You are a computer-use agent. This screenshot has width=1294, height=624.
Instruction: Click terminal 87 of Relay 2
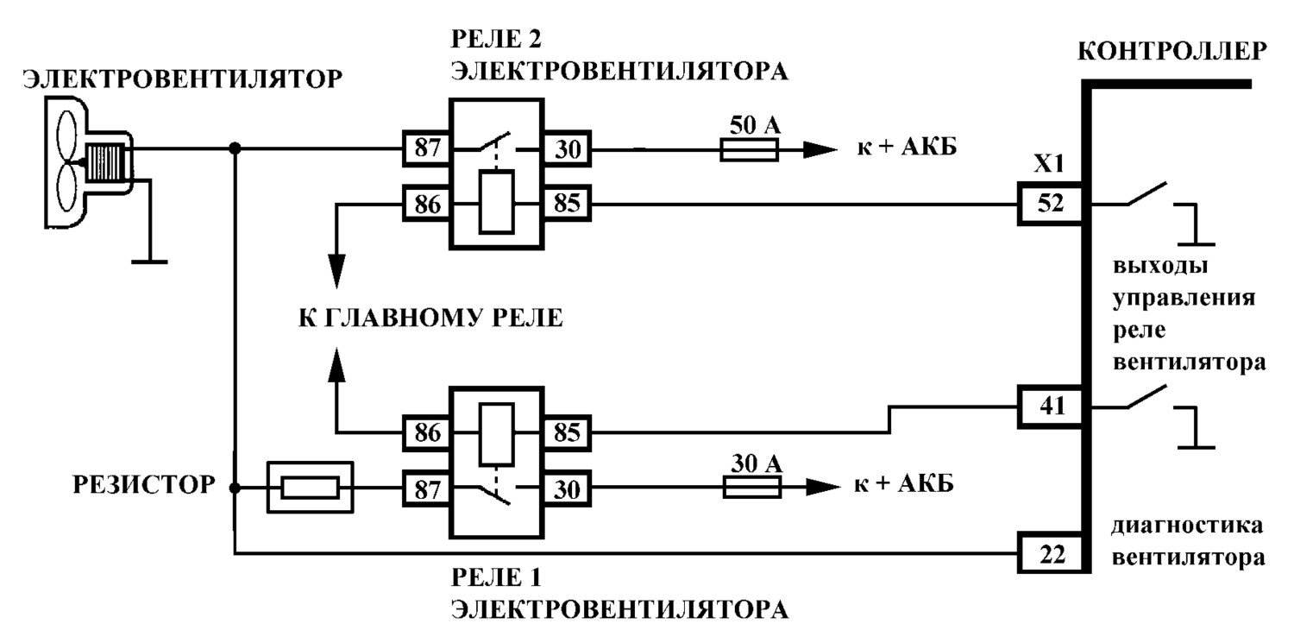coord(426,148)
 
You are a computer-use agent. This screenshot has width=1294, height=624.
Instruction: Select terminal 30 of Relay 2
coord(567,149)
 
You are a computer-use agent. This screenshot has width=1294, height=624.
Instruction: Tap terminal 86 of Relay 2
coord(426,204)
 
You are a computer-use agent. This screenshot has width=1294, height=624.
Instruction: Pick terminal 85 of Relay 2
coord(567,204)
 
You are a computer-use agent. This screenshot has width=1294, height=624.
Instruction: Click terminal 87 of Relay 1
coord(426,489)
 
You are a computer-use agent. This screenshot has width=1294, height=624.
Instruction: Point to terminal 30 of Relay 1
coord(567,489)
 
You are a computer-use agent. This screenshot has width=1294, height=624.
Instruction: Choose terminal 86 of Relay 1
coord(426,432)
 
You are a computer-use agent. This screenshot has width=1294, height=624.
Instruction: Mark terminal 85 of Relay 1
coord(567,432)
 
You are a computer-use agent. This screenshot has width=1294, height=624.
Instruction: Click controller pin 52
coord(1050,204)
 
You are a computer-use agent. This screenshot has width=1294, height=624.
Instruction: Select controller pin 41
coord(1050,407)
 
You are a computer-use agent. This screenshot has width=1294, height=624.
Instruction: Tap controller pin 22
coord(1050,554)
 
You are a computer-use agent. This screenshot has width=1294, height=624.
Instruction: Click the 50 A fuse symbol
coord(750,150)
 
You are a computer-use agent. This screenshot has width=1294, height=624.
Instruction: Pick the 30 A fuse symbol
coord(752,487)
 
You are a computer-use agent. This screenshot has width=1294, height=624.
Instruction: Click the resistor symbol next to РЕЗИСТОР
coord(311,488)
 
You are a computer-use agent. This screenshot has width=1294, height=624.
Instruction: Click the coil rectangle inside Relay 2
coord(497,202)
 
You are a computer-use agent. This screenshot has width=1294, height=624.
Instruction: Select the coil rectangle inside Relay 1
coord(497,434)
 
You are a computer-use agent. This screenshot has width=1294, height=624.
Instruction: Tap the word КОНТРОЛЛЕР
coord(1172,52)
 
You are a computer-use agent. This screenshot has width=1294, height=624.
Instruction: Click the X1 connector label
coord(1048,164)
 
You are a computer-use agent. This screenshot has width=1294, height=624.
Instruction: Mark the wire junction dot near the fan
coord(235,148)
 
